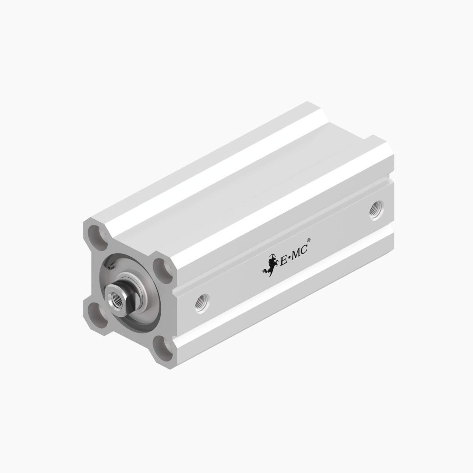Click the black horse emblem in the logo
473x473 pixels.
[269, 265]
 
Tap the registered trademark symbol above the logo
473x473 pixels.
[308, 240]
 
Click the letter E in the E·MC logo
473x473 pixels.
[283, 261]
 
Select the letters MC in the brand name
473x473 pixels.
[300, 253]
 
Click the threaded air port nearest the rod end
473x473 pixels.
[202, 303]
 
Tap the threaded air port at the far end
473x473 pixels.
[376, 210]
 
